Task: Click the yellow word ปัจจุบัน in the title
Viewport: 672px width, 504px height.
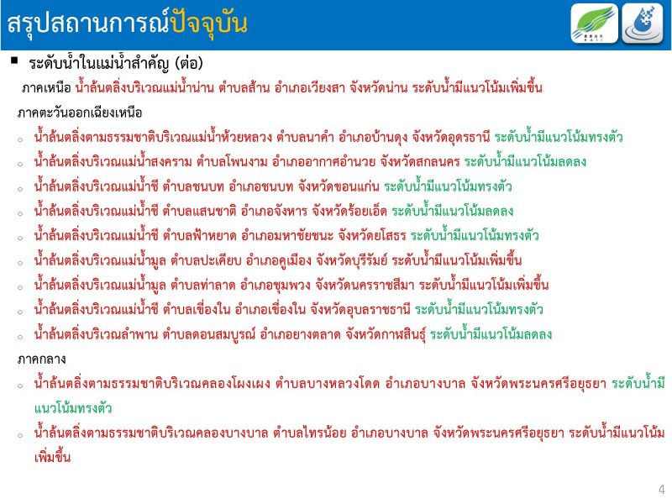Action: coord(208,24)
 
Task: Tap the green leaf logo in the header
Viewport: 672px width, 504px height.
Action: coord(594,24)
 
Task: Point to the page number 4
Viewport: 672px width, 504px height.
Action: coord(662,489)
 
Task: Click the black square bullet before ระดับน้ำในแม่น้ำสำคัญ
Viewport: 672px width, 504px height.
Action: coord(15,60)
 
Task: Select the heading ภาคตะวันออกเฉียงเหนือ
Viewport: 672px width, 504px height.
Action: coord(80,113)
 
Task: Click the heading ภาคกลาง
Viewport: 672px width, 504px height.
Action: coord(41,360)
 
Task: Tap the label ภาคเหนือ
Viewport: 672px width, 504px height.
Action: coord(46,88)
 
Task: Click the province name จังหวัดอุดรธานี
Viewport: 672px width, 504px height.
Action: coord(451,137)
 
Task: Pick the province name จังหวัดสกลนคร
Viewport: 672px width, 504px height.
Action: coord(419,161)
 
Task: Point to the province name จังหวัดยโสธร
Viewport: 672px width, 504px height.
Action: coord(372,235)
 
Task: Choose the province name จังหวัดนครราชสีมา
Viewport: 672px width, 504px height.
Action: coord(365,285)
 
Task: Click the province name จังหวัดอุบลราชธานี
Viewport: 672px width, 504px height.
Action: coord(360,309)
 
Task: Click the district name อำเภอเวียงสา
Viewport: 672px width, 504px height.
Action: coord(309,88)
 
